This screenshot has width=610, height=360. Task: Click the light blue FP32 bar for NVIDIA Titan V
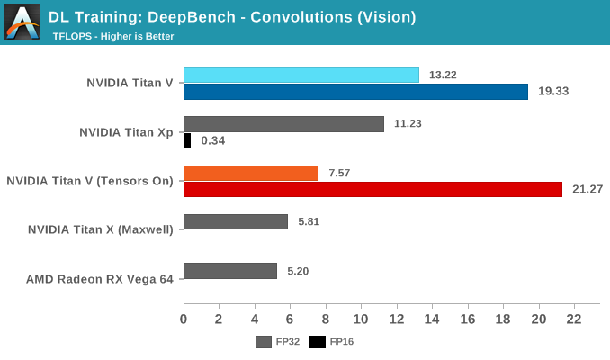click(301, 75)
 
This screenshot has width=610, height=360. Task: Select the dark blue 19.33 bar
click(355, 91)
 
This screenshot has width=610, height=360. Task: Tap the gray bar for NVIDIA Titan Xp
click(283, 124)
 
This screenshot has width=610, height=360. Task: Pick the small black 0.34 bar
click(187, 140)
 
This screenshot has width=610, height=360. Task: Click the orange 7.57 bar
click(251, 173)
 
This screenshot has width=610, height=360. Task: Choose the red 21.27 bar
click(372, 189)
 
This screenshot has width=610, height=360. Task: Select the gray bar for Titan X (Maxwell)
click(236, 221)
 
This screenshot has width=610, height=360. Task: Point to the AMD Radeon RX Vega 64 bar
click(230, 271)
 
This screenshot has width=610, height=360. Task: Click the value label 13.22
click(443, 75)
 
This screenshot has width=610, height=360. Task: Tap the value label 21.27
click(588, 189)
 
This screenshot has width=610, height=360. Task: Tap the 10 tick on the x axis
click(361, 319)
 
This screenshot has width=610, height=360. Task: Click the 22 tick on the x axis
click(574, 319)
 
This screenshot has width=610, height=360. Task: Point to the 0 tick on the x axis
click(184, 319)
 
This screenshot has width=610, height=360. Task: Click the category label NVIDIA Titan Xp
click(126, 132)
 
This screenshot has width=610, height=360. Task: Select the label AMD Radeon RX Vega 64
click(99, 279)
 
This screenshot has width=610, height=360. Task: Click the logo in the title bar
click(22, 22)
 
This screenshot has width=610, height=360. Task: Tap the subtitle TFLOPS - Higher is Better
click(113, 36)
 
